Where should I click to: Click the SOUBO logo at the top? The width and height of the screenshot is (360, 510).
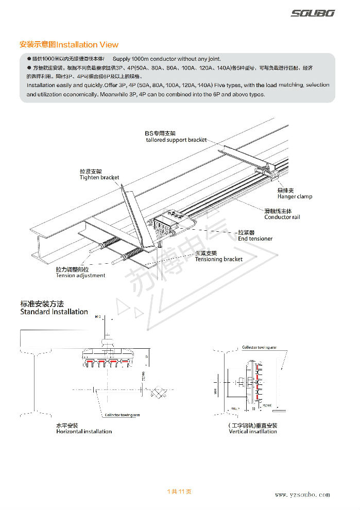pyautogui.click(x=312, y=13)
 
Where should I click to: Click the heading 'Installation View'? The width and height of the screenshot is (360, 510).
pyautogui.click(x=88, y=45)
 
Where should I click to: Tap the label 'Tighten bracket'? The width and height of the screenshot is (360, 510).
pyautogui.click(x=99, y=178)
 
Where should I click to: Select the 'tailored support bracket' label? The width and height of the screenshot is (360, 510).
pyautogui.click(x=176, y=140)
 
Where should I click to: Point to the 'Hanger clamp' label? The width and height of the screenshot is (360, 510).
pyautogui.click(x=295, y=197)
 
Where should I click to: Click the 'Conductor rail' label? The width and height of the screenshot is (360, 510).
pyautogui.click(x=282, y=217)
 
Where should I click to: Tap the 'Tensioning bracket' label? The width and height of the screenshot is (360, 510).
pyautogui.click(x=218, y=260)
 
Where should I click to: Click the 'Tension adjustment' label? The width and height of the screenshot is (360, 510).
pyautogui.click(x=80, y=276)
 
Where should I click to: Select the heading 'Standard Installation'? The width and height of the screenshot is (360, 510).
pyautogui.click(x=54, y=312)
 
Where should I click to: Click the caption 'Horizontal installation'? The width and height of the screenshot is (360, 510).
pyautogui.click(x=83, y=432)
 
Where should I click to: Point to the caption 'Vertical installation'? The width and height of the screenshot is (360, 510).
pyautogui.click(x=252, y=432)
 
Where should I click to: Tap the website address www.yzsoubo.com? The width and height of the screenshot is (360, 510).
pyautogui.click(x=302, y=495)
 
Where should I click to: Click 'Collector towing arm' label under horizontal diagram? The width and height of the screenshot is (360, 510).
pyautogui.click(x=122, y=415)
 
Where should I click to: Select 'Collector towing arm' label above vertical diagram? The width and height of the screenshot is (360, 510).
pyautogui.click(x=259, y=348)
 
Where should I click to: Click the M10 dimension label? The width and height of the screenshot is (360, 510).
pyautogui.click(x=98, y=318)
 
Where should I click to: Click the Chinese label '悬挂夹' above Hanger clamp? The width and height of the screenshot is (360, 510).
pyautogui.click(x=285, y=191)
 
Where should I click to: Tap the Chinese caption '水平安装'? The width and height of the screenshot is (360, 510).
pyautogui.click(x=67, y=426)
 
